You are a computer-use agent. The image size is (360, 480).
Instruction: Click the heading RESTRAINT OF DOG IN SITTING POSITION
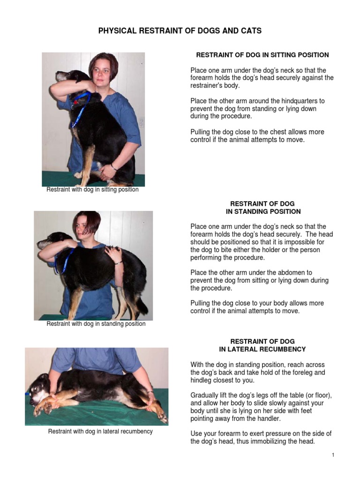(262, 55)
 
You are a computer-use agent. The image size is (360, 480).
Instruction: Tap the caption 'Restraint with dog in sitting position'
(92, 190)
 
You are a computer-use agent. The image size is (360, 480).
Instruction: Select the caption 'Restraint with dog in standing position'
(96, 324)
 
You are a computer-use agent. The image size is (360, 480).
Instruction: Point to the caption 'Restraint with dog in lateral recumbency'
(100, 431)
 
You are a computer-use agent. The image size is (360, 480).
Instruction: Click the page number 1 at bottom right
(333, 455)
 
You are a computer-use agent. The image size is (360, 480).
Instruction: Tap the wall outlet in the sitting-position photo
(142, 123)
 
